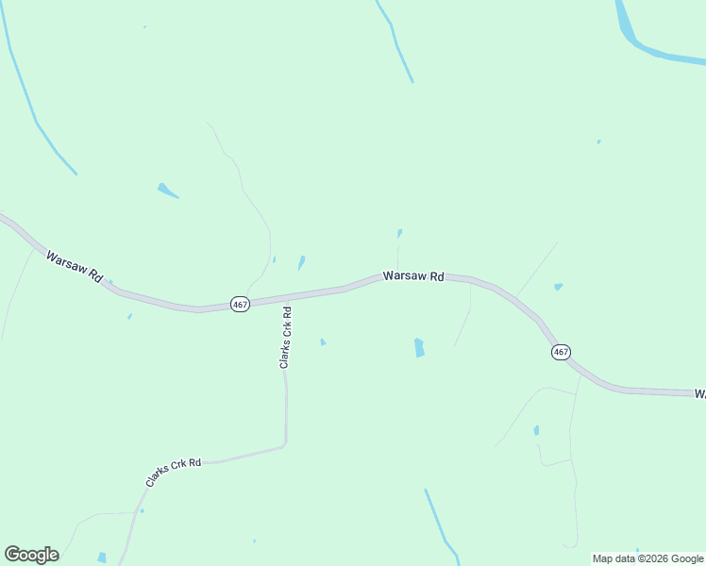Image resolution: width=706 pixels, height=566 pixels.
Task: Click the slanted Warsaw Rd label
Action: pos(74,266)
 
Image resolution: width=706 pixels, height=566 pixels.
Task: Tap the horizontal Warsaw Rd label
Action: pos(413,276)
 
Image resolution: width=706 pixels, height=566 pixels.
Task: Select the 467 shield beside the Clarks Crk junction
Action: pos(240,304)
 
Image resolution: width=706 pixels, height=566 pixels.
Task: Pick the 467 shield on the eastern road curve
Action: pos(561,352)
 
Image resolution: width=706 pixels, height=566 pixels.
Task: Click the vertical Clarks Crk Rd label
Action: pos(285,337)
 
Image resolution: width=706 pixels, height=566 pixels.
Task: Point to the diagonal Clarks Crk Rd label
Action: pos(174,472)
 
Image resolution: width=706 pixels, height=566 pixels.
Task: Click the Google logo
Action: pos(31,555)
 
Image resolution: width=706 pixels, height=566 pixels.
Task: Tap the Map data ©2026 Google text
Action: pos(647,558)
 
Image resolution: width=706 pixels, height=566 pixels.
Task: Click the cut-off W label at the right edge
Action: pos(699,392)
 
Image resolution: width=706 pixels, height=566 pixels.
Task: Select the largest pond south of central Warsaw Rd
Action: pos(418,347)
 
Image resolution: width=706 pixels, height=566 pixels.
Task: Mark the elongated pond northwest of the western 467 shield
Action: pos(167,191)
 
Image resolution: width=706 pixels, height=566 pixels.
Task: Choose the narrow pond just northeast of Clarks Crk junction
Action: pos(301,262)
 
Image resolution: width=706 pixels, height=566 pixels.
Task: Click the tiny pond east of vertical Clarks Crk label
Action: pos(323,341)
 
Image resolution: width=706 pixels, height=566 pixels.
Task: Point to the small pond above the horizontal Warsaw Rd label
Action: pos(400,232)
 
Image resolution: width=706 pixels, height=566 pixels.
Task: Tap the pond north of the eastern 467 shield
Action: pos(559,287)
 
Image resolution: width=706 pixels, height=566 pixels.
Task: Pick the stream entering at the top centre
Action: pos(396,38)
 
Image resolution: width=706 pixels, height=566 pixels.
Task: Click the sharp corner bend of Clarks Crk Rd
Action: pos(285,443)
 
